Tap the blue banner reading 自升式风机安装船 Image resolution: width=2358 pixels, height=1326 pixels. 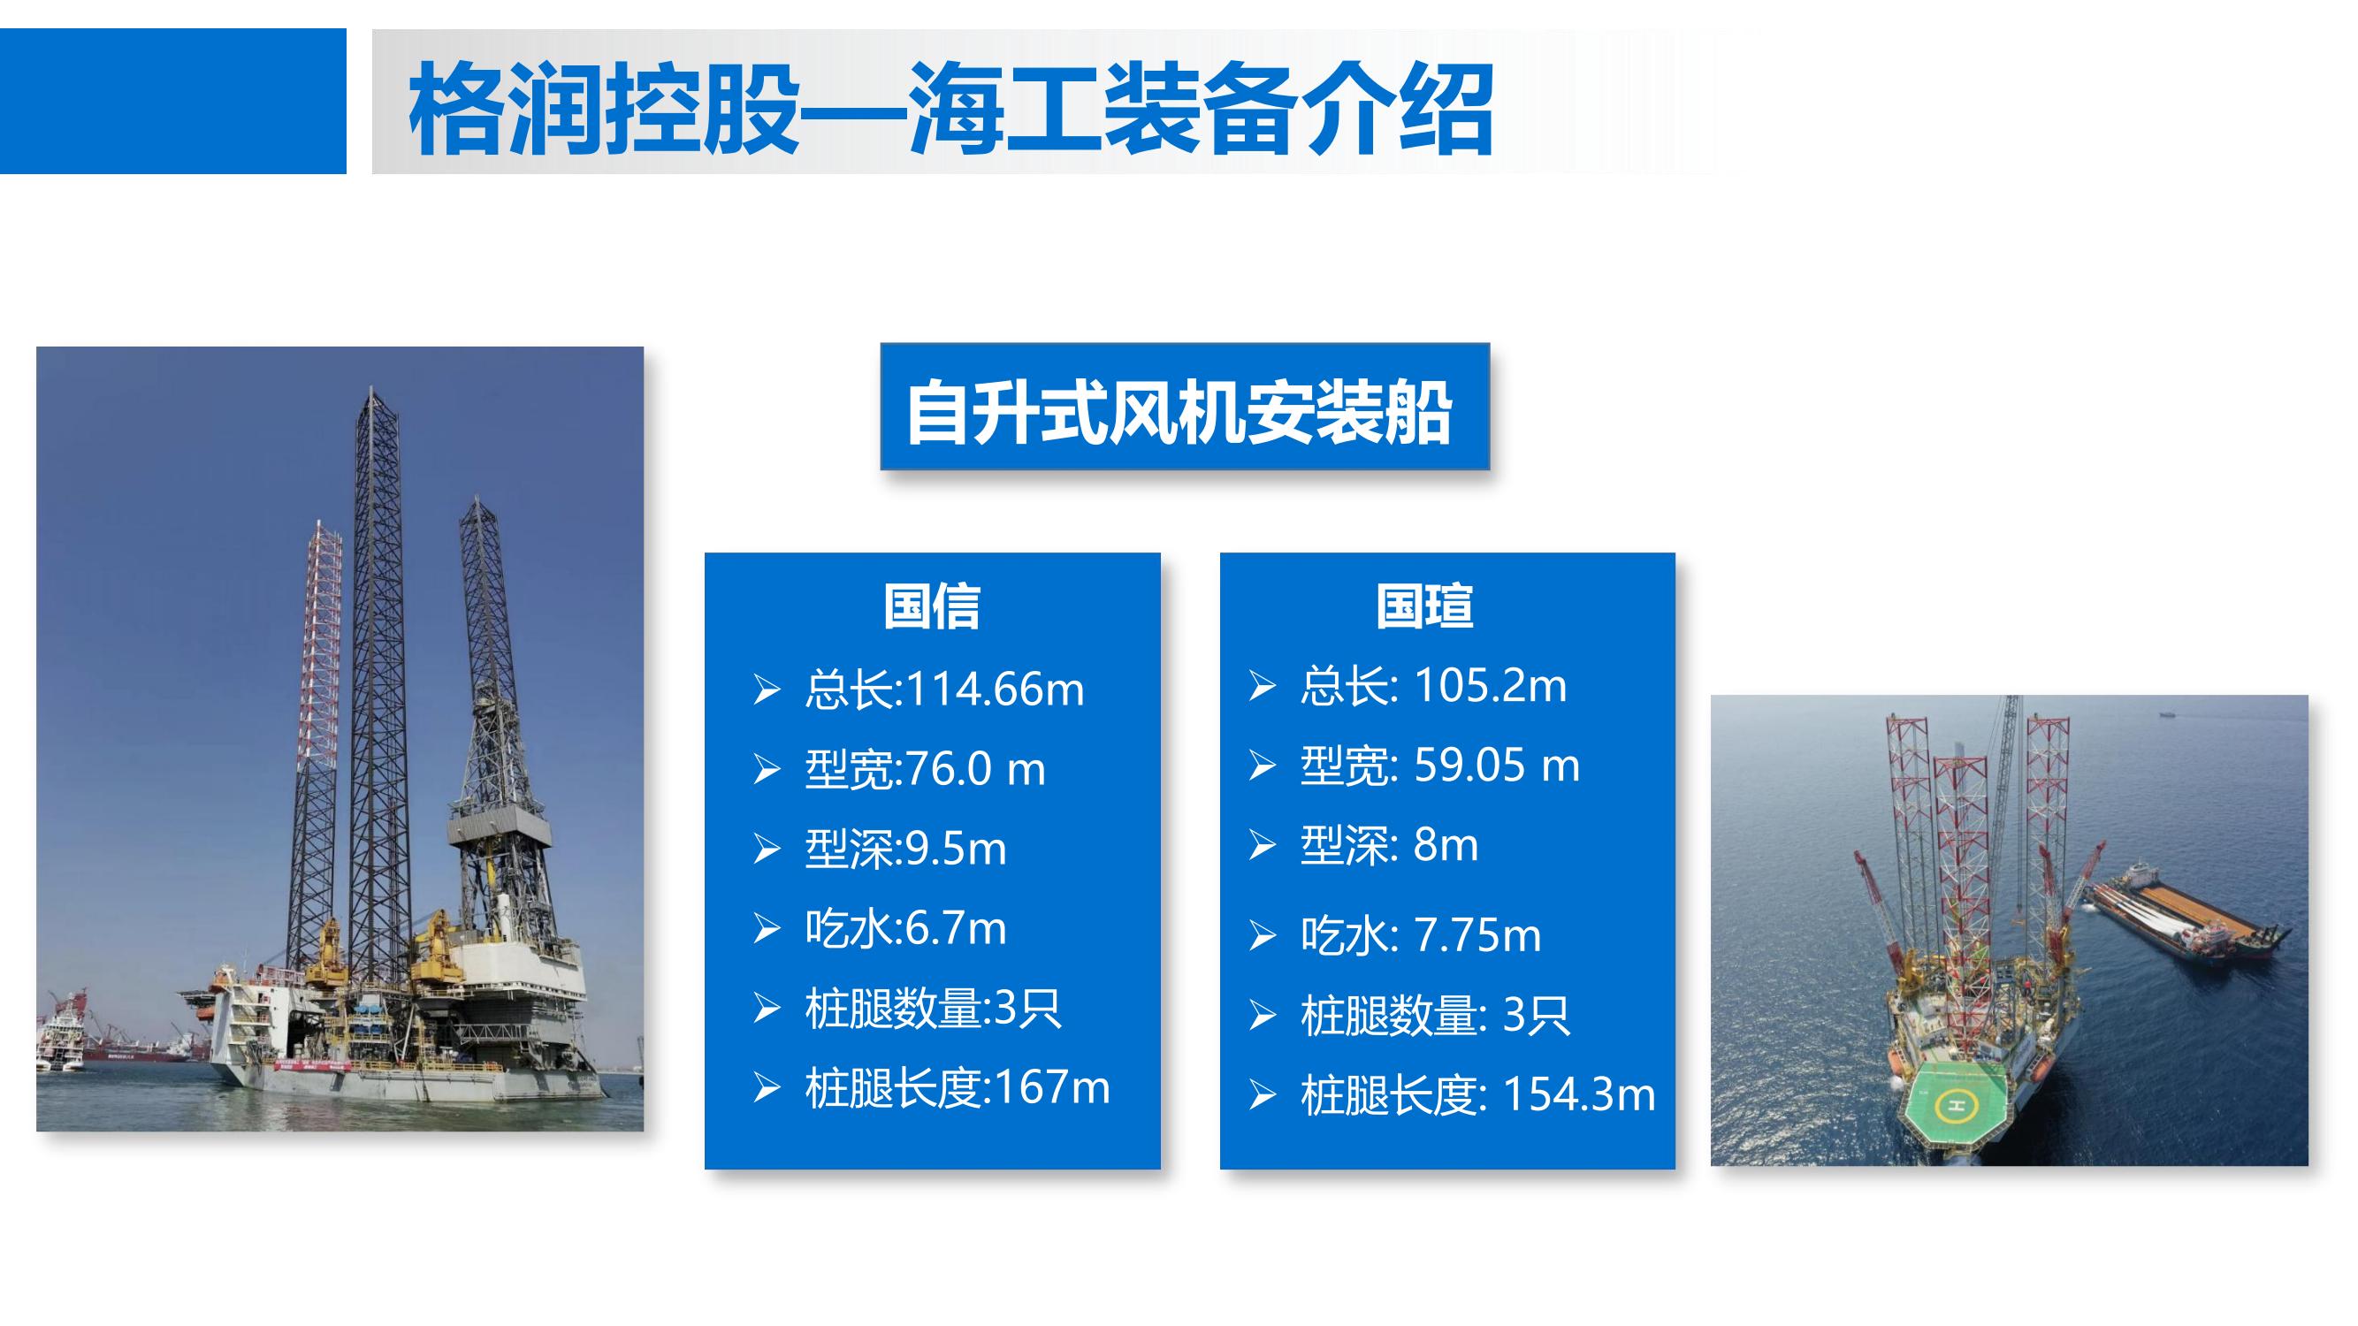pos(1185,407)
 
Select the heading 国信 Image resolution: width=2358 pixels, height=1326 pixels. pos(932,606)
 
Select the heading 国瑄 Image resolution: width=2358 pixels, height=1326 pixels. pos(1424,606)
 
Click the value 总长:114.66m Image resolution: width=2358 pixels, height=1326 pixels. pos(944,690)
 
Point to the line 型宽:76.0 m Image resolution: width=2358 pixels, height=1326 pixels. pos(925,769)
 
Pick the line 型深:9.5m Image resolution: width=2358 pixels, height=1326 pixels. pos(905,849)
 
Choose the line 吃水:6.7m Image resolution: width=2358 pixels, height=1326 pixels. pos(905,928)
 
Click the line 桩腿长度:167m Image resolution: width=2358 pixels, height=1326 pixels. pos(958,1088)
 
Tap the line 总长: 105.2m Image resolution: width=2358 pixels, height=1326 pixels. pos(1433,685)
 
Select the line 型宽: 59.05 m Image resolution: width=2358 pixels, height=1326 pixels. pos(1440,765)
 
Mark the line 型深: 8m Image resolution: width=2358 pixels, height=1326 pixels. pos(1389,844)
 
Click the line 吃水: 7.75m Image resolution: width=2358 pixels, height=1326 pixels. pos(1421,935)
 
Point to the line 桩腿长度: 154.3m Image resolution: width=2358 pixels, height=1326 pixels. pos(1477,1094)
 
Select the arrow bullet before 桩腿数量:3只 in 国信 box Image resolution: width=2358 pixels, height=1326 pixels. pos(767,1009)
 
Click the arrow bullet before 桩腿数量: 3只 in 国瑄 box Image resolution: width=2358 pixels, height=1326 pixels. pos(1263,1016)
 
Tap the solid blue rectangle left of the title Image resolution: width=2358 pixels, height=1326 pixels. pos(173,101)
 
